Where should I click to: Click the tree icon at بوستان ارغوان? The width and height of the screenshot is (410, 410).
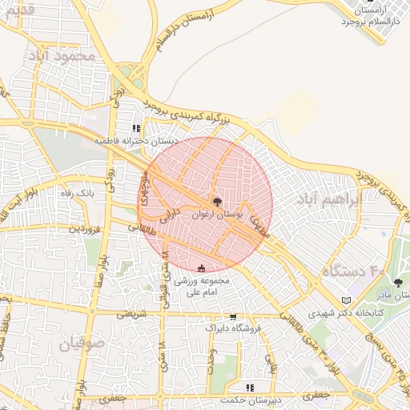(x=218, y=202)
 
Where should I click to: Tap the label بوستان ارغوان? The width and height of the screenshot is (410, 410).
(x=218, y=215)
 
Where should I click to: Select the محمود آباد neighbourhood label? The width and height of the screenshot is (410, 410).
(x=62, y=56)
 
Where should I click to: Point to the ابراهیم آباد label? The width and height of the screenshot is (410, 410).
(x=326, y=199)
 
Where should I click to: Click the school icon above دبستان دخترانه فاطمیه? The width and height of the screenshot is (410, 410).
(x=136, y=128)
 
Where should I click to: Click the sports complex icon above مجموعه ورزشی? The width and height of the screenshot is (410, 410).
(x=201, y=267)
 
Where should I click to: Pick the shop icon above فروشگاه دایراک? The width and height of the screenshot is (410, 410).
(x=233, y=317)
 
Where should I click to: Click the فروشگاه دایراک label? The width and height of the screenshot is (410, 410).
(x=232, y=329)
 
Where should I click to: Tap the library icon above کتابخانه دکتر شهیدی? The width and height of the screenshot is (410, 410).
(x=346, y=300)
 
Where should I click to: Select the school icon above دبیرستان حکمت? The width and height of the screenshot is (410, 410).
(x=250, y=388)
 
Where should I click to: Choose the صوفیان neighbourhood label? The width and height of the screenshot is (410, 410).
(x=82, y=344)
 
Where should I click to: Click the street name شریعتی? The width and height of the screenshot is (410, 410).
(x=133, y=314)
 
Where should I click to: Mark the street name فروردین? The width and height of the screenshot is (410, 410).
(x=86, y=228)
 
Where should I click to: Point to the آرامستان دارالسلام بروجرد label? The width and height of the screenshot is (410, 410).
(x=373, y=14)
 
